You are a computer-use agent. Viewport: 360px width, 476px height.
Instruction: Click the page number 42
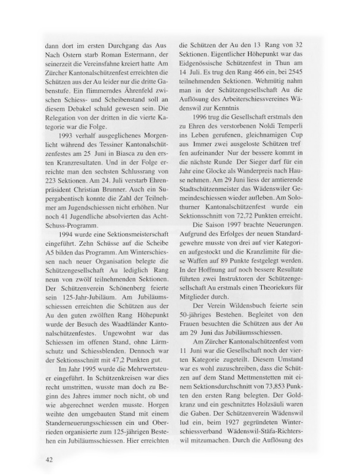coord(50,459)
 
